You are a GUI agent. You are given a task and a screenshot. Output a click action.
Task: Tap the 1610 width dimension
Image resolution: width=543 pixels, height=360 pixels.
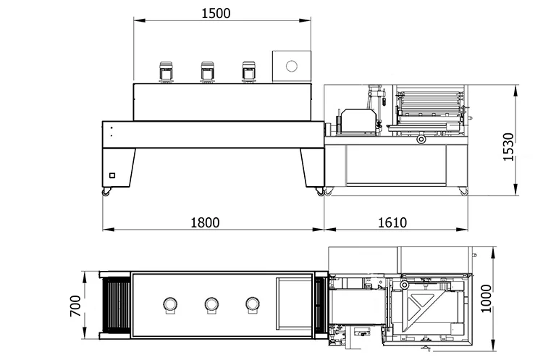(x=392, y=222)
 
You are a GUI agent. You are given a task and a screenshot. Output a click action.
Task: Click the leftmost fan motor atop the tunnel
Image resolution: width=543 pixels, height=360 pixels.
(x=166, y=71)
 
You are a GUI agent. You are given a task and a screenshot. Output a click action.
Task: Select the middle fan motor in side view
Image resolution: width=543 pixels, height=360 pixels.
(x=208, y=71)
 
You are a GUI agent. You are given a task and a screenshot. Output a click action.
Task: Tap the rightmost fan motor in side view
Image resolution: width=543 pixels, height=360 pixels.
(x=250, y=71)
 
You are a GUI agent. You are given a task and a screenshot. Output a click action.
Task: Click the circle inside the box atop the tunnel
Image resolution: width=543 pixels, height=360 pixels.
(x=292, y=67)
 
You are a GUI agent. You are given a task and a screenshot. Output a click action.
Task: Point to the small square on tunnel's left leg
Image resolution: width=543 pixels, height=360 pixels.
(x=111, y=174)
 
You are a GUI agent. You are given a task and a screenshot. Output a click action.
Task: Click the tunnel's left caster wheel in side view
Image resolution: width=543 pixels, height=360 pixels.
(x=107, y=191)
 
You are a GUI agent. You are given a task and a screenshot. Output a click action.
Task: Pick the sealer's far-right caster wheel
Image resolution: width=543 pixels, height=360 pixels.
(x=463, y=191)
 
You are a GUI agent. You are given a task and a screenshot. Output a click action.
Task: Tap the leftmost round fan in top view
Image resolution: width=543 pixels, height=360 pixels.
(x=170, y=304)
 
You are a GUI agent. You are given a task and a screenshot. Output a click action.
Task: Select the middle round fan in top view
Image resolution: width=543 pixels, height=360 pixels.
(x=211, y=304)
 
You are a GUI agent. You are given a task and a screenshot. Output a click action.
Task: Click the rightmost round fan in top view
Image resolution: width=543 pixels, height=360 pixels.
(x=253, y=304)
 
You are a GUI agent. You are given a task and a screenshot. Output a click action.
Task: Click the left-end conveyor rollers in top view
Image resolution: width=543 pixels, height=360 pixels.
(x=116, y=306)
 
